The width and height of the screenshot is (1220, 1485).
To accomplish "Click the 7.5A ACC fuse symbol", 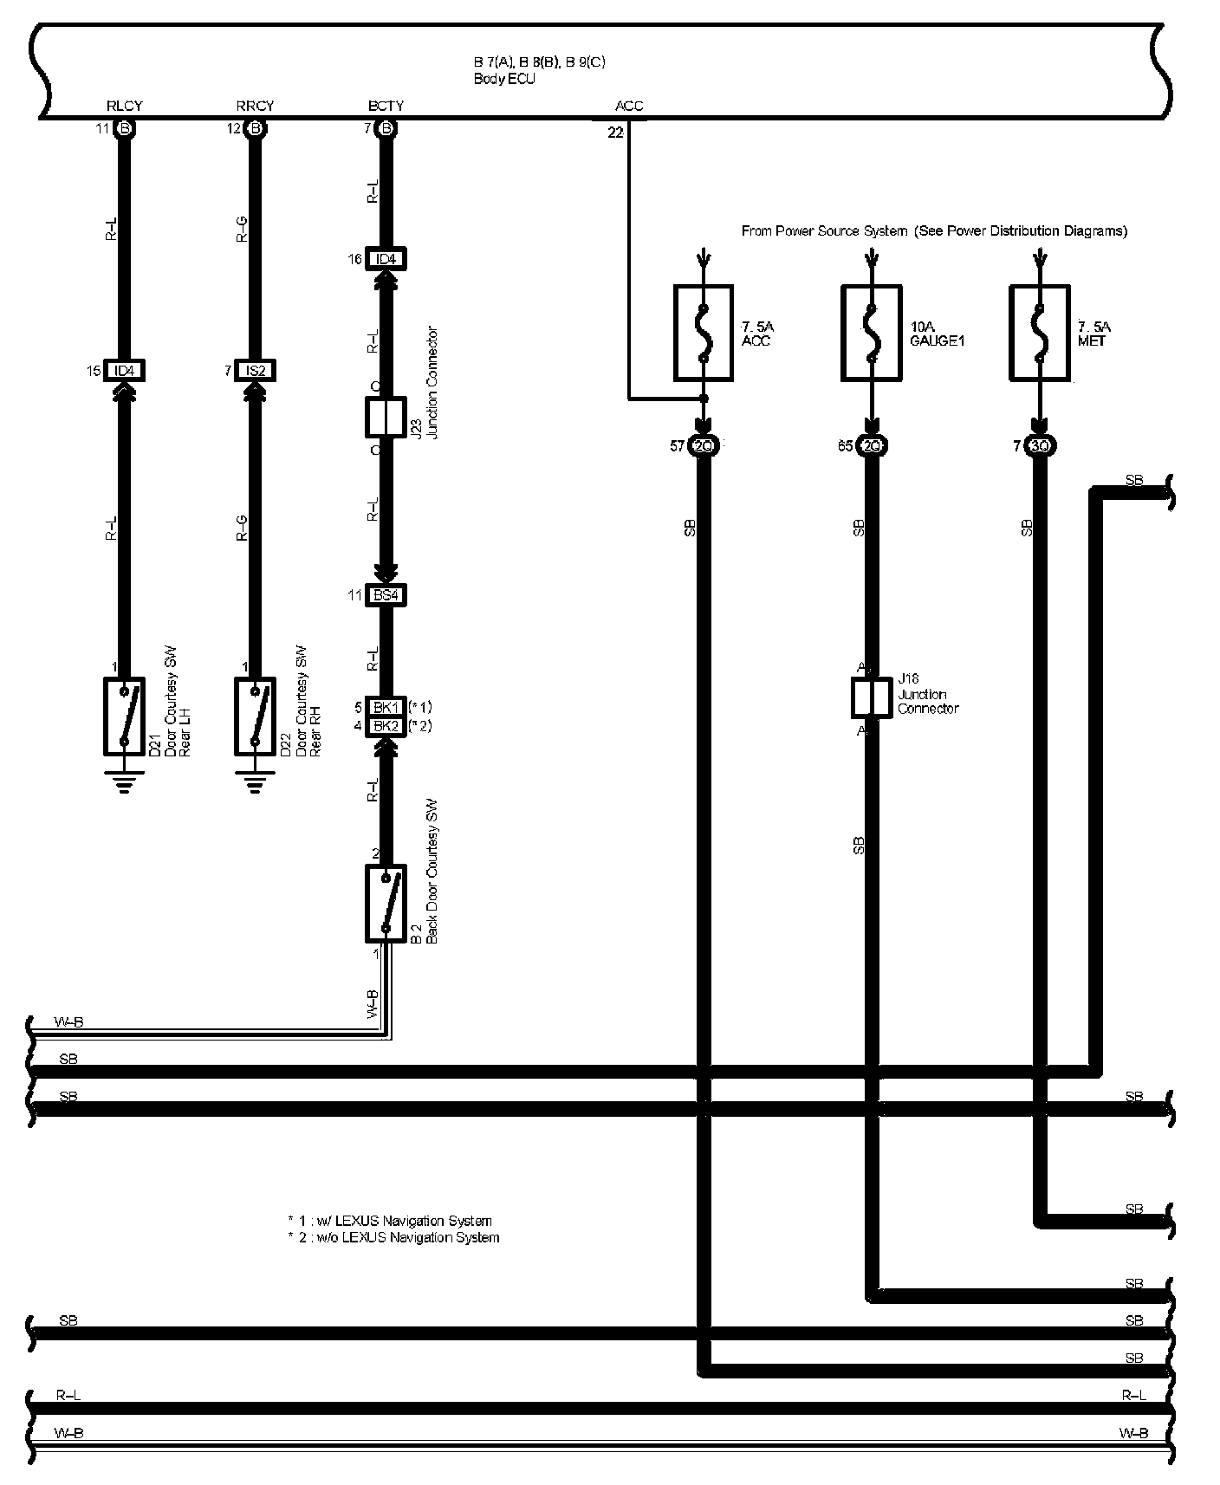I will pos(704,333).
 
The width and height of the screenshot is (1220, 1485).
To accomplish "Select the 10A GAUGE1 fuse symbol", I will pos(872,333).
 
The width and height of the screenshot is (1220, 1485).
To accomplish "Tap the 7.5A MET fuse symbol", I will pos(1040,333).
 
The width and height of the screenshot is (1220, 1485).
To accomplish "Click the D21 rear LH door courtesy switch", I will pos(124,716).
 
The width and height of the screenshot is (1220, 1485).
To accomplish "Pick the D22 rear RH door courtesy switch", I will pos(255,716).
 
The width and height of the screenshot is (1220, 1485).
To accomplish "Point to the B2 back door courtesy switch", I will pos(386,903).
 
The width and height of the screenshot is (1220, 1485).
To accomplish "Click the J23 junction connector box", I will pos(386,417).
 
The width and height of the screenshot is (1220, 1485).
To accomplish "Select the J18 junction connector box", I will pos(871,697).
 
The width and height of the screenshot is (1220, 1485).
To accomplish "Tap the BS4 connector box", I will pos(386,595).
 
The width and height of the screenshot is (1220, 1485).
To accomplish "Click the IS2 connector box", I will pos(255,371).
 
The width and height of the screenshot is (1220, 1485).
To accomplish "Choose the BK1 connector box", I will pos(386,707).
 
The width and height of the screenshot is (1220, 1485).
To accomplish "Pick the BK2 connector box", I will pos(386,726).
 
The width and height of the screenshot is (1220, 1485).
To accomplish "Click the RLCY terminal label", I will pos(124,106).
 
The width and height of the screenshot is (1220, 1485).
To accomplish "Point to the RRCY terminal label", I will pos(255,106).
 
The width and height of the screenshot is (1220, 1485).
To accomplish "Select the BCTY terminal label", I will pos(386,106).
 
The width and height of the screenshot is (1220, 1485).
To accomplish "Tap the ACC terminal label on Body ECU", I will pos(629,106).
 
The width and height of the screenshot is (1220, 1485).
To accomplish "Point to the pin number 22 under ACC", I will pos(615,133).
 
